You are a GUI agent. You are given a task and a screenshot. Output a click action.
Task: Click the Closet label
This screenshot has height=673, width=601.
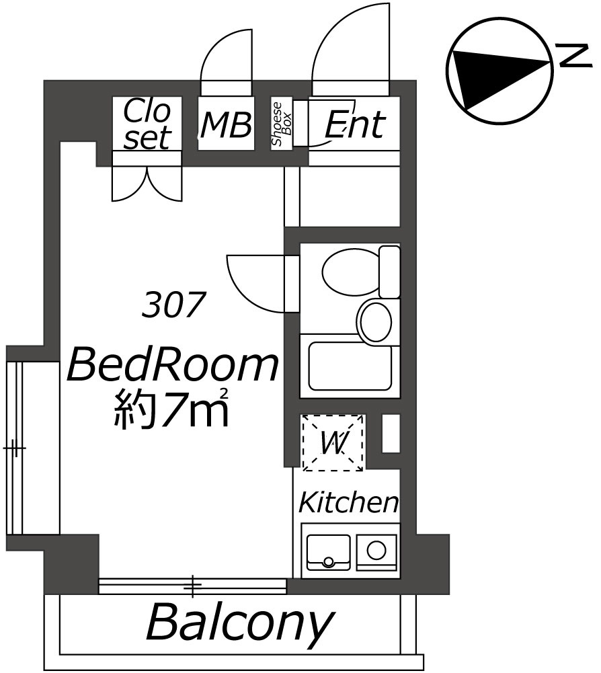(x=147, y=124)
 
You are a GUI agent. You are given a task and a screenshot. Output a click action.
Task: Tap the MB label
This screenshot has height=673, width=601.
(x=227, y=125)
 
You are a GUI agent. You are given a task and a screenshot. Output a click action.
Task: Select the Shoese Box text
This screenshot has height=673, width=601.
(x=282, y=124)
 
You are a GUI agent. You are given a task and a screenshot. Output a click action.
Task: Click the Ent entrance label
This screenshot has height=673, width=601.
(x=354, y=125)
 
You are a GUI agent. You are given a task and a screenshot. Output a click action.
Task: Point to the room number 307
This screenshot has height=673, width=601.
(x=172, y=305)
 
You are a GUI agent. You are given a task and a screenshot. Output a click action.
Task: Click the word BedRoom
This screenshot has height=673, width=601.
(x=173, y=365)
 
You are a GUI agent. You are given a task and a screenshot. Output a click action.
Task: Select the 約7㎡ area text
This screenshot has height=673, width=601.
(x=171, y=408)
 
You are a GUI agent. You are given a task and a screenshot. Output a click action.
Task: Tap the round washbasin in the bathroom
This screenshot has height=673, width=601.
(x=374, y=321)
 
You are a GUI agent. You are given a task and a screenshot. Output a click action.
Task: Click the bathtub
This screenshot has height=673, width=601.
(x=350, y=366)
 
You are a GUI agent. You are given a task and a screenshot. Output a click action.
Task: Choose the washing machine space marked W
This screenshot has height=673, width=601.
(x=333, y=442)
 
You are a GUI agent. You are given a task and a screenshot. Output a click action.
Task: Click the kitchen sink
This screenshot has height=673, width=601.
(x=329, y=551)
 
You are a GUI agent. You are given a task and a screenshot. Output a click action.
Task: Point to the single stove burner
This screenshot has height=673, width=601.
(x=376, y=550)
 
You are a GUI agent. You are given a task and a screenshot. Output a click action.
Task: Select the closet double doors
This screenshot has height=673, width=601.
(x=147, y=183)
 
